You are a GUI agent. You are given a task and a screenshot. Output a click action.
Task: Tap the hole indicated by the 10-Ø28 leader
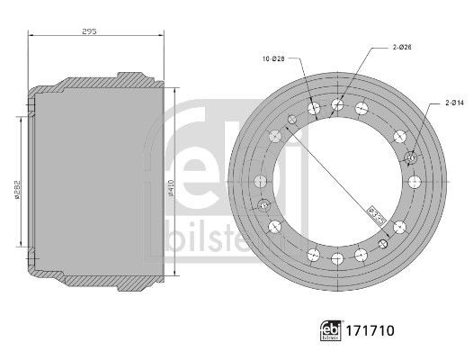point(314,110)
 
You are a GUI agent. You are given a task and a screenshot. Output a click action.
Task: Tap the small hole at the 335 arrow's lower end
point(385,243)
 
